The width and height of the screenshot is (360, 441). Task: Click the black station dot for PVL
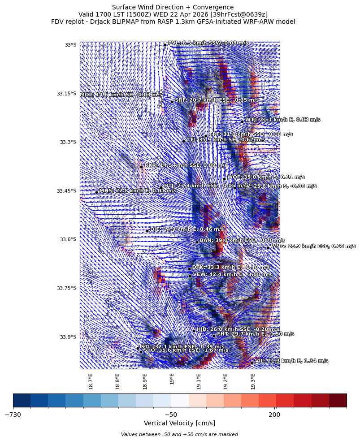(165, 45)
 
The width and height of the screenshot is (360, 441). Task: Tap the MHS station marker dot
(96, 192)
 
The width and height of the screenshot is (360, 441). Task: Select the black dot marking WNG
(268, 247)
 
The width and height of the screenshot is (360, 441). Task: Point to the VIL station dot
(252, 362)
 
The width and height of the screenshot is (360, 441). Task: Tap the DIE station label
(187, 229)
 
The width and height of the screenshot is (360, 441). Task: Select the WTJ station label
(282, 120)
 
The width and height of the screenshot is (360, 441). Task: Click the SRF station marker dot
(172, 101)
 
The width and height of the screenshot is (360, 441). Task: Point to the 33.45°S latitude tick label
(66, 191)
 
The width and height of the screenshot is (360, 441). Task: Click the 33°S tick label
(70, 45)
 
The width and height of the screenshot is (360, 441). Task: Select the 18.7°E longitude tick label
(91, 381)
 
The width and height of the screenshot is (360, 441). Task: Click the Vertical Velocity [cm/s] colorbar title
(179, 423)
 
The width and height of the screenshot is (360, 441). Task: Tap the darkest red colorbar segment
(338, 400)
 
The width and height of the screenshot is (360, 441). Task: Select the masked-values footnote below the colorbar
(179, 434)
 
